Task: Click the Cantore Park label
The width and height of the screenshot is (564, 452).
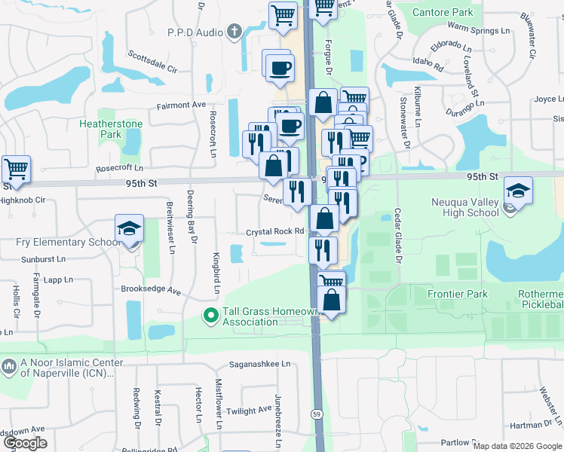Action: (448, 12)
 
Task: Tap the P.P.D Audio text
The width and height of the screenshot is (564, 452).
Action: (195, 32)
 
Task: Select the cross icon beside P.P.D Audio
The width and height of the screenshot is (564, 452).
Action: (234, 32)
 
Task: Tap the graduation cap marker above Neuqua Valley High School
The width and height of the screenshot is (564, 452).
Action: (518, 191)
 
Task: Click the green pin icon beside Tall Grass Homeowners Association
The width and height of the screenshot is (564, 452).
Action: (212, 316)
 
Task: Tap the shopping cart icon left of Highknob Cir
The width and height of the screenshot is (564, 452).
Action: (16, 169)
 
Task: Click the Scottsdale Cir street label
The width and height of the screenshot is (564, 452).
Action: (152, 61)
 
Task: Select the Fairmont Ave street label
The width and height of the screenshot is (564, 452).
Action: (181, 105)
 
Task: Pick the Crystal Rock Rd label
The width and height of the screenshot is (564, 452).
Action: (274, 232)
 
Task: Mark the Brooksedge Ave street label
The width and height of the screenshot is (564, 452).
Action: (151, 289)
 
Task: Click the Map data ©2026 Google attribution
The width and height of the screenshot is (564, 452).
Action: (516, 446)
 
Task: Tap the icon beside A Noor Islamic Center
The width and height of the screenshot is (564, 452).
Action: (9, 367)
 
